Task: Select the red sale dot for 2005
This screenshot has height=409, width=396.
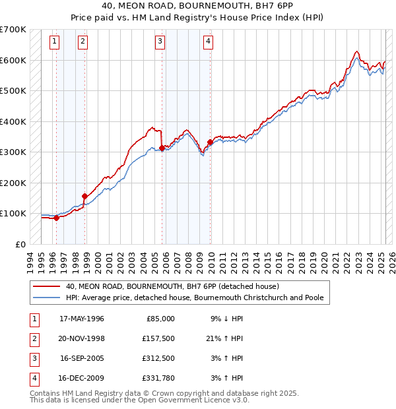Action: [162, 148]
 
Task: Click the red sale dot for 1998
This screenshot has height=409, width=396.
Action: [85, 196]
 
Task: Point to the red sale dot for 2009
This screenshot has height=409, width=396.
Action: [210, 142]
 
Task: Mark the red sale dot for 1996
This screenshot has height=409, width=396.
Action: [57, 218]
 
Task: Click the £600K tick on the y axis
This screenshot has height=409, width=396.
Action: [13, 60]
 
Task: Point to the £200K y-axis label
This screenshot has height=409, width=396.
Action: [13, 183]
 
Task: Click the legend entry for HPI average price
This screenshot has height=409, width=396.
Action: [194, 298]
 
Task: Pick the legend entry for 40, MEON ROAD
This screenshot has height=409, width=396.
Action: [172, 286]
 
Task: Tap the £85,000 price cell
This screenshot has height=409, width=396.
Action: [160, 319]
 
